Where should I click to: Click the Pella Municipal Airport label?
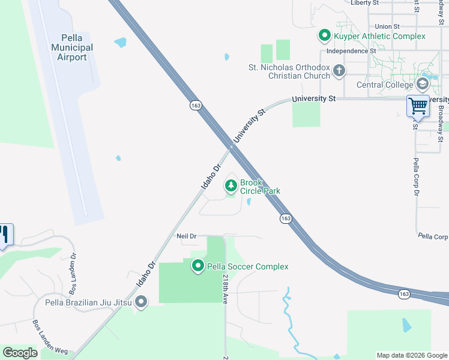click(x=72, y=47)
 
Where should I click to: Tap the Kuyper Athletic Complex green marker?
click(x=325, y=36)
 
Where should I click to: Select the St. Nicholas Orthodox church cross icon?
click(x=339, y=71)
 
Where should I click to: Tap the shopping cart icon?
click(x=418, y=106)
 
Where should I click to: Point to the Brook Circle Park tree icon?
click(x=231, y=186)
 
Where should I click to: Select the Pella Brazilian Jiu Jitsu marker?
click(x=141, y=301)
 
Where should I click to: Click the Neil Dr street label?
click(x=187, y=236)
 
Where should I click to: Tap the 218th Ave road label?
click(x=225, y=290)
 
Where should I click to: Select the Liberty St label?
click(x=365, y=3)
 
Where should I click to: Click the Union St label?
click(x=387, y=26)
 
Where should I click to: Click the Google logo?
click(x=20, y=353)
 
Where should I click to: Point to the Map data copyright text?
click(x=411, y=355)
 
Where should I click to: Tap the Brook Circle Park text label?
click(x=260, y=187)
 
